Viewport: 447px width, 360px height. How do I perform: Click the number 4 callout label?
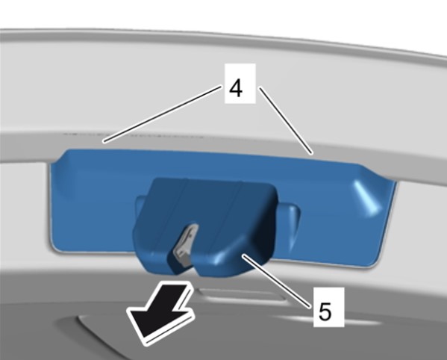(240, 84)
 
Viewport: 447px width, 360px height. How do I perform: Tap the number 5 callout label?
(328, 307)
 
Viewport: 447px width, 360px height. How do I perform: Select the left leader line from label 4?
(163, 114)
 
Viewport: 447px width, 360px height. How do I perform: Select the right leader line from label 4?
(287, 121)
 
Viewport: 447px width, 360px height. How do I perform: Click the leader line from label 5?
(276, 282)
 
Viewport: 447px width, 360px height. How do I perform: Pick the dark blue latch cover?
(205, 226)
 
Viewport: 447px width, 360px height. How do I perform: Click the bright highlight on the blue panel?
(367, 197)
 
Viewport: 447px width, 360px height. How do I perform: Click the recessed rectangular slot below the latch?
(243, 294)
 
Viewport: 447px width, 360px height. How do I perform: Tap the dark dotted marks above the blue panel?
(134, 134)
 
